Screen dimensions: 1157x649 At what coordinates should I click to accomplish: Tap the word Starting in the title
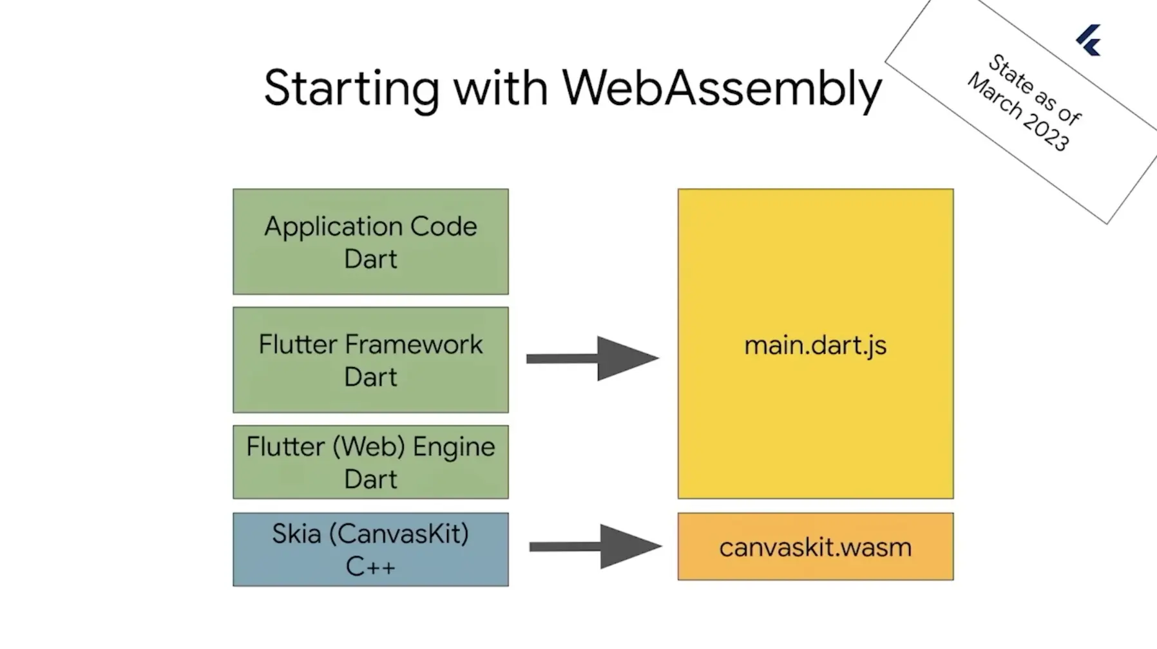[352, 89]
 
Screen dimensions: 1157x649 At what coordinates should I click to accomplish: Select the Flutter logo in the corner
[1089, 41]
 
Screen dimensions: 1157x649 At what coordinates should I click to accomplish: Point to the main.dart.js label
[816, 346]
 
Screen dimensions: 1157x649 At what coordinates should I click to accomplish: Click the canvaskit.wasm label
[816, 547]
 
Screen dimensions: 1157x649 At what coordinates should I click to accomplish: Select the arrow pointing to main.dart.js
[593, 358]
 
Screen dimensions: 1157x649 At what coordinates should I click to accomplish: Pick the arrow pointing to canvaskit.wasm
[596, 547]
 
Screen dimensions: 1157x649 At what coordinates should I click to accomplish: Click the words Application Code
[370, 227]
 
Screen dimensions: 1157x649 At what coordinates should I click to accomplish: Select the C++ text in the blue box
[370, 567]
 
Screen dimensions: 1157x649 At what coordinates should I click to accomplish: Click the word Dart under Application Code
[370, 259]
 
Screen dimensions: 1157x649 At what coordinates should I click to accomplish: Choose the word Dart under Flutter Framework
[370, 377]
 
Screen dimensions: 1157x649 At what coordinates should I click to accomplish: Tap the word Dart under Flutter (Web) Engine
[370, 479]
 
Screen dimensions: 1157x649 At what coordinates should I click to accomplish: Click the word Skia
[296, 533]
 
